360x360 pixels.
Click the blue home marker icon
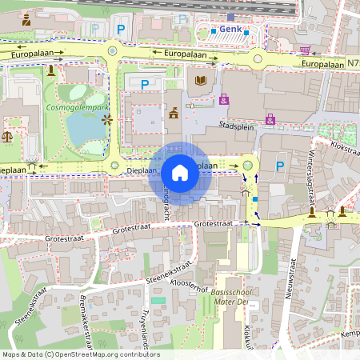pyautogui.click(x=180, y=172)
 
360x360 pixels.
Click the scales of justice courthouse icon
pyautogui.click(x=8, y=136)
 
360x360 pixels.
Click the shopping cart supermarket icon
pyautogui.click(x=304, y=49)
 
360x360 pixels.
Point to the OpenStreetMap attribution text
pyautogui.click(x=81, y=354)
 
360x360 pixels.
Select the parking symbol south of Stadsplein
pyautogui.click(x=280, y=166)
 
